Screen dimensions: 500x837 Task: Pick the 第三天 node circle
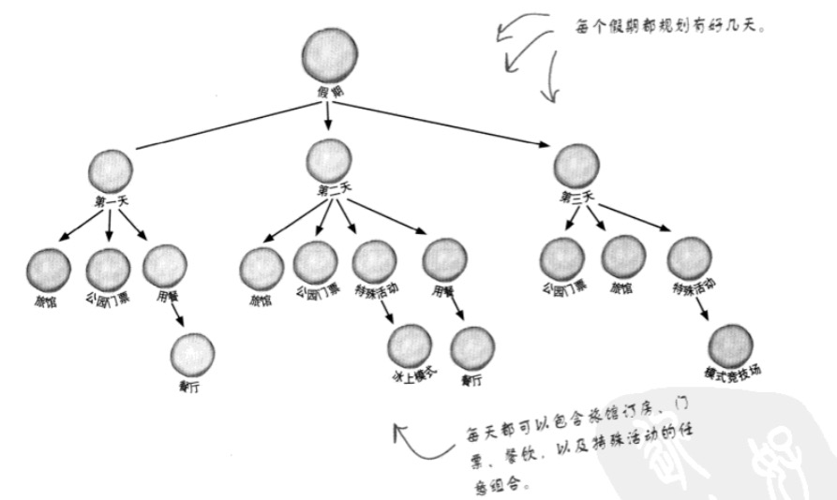coord(576,167)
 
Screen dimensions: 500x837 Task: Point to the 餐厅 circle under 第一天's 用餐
coord(193,354)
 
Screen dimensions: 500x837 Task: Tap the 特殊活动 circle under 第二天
coord(375,263)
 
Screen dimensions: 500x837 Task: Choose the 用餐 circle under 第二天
coord(444,260)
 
